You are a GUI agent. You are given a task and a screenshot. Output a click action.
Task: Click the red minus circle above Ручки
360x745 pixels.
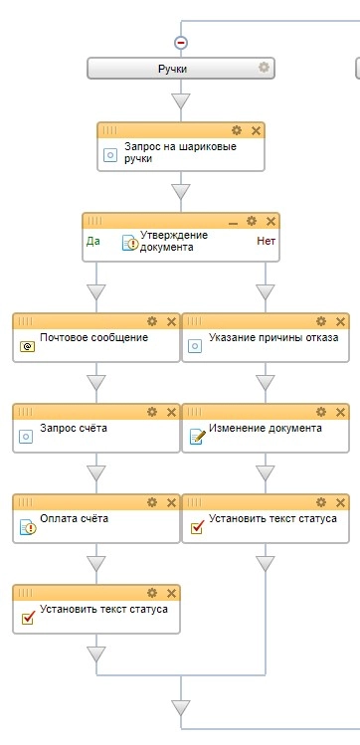coord(180,43)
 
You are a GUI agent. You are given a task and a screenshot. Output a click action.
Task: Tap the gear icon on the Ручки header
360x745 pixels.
coord(264,68)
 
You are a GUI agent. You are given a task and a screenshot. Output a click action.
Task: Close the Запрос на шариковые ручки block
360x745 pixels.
coord(256,130)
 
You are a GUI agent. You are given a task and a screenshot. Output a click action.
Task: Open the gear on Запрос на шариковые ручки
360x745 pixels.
coord(237,130)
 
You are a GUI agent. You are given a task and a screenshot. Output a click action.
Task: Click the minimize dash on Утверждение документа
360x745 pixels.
coord(234,221)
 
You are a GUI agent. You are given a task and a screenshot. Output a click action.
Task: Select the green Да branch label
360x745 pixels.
coord(93,240)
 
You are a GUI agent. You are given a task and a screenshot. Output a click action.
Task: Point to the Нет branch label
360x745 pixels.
coord(265,240)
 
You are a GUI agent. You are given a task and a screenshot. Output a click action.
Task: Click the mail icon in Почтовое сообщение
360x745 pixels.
coord(27,345)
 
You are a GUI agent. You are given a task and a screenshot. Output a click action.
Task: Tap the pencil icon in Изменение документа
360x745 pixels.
coord(196,437)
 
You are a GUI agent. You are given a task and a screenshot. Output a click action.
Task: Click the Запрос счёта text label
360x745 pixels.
coord(74,429)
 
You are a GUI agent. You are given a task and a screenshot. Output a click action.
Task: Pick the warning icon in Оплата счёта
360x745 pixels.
coord(27,527)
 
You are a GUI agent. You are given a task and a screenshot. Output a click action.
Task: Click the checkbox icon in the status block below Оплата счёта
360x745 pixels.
coord(27,618)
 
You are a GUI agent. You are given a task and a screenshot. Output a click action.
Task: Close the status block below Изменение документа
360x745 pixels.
coord(340,502)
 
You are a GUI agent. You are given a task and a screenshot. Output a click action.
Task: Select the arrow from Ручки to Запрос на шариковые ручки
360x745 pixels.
coord(180,101)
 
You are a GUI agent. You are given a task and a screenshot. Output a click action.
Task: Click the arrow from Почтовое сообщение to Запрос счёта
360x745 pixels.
coord(95,382)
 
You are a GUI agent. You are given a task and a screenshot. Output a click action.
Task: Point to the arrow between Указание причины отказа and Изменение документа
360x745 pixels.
coord(265,382)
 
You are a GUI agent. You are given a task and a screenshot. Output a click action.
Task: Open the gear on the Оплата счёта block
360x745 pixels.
coord(152,502)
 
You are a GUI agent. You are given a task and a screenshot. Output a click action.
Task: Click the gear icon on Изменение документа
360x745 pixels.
coord(321,412)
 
